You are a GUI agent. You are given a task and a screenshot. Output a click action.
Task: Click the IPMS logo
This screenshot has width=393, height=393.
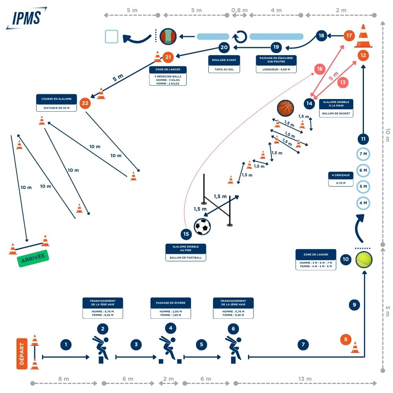[x=26, y=18]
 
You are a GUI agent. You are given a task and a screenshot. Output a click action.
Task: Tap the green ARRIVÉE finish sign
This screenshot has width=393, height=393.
[x=33, y=258]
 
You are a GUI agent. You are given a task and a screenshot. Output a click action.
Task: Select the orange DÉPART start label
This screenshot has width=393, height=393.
[x=22, y=354]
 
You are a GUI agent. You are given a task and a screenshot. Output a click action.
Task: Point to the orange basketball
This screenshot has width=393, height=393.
[x=285, y=108]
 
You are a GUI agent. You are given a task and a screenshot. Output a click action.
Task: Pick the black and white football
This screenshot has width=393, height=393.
[x=202, y=227]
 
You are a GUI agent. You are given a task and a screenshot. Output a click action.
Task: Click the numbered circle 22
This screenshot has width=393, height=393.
[x=85, y=104]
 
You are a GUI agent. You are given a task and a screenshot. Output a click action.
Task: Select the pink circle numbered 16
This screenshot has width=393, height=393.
[x=320, y=69]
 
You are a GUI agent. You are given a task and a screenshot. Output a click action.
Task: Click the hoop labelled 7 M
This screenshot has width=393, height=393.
[x=363, y=154]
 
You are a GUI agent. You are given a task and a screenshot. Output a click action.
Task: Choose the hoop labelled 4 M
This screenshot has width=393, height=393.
[x=363, y=203]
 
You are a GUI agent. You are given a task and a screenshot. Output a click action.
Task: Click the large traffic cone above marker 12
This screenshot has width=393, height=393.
[x=363, y=36]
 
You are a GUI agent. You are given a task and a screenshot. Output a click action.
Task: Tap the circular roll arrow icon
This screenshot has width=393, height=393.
[x=240, y=37]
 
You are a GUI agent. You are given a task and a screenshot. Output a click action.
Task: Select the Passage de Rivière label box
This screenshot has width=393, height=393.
[x=171, y=308]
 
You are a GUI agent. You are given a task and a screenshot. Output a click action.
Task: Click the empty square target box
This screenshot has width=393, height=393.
[x=112, y=37]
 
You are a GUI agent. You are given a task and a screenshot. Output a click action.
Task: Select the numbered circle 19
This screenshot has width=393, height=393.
[x=276, y=47]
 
